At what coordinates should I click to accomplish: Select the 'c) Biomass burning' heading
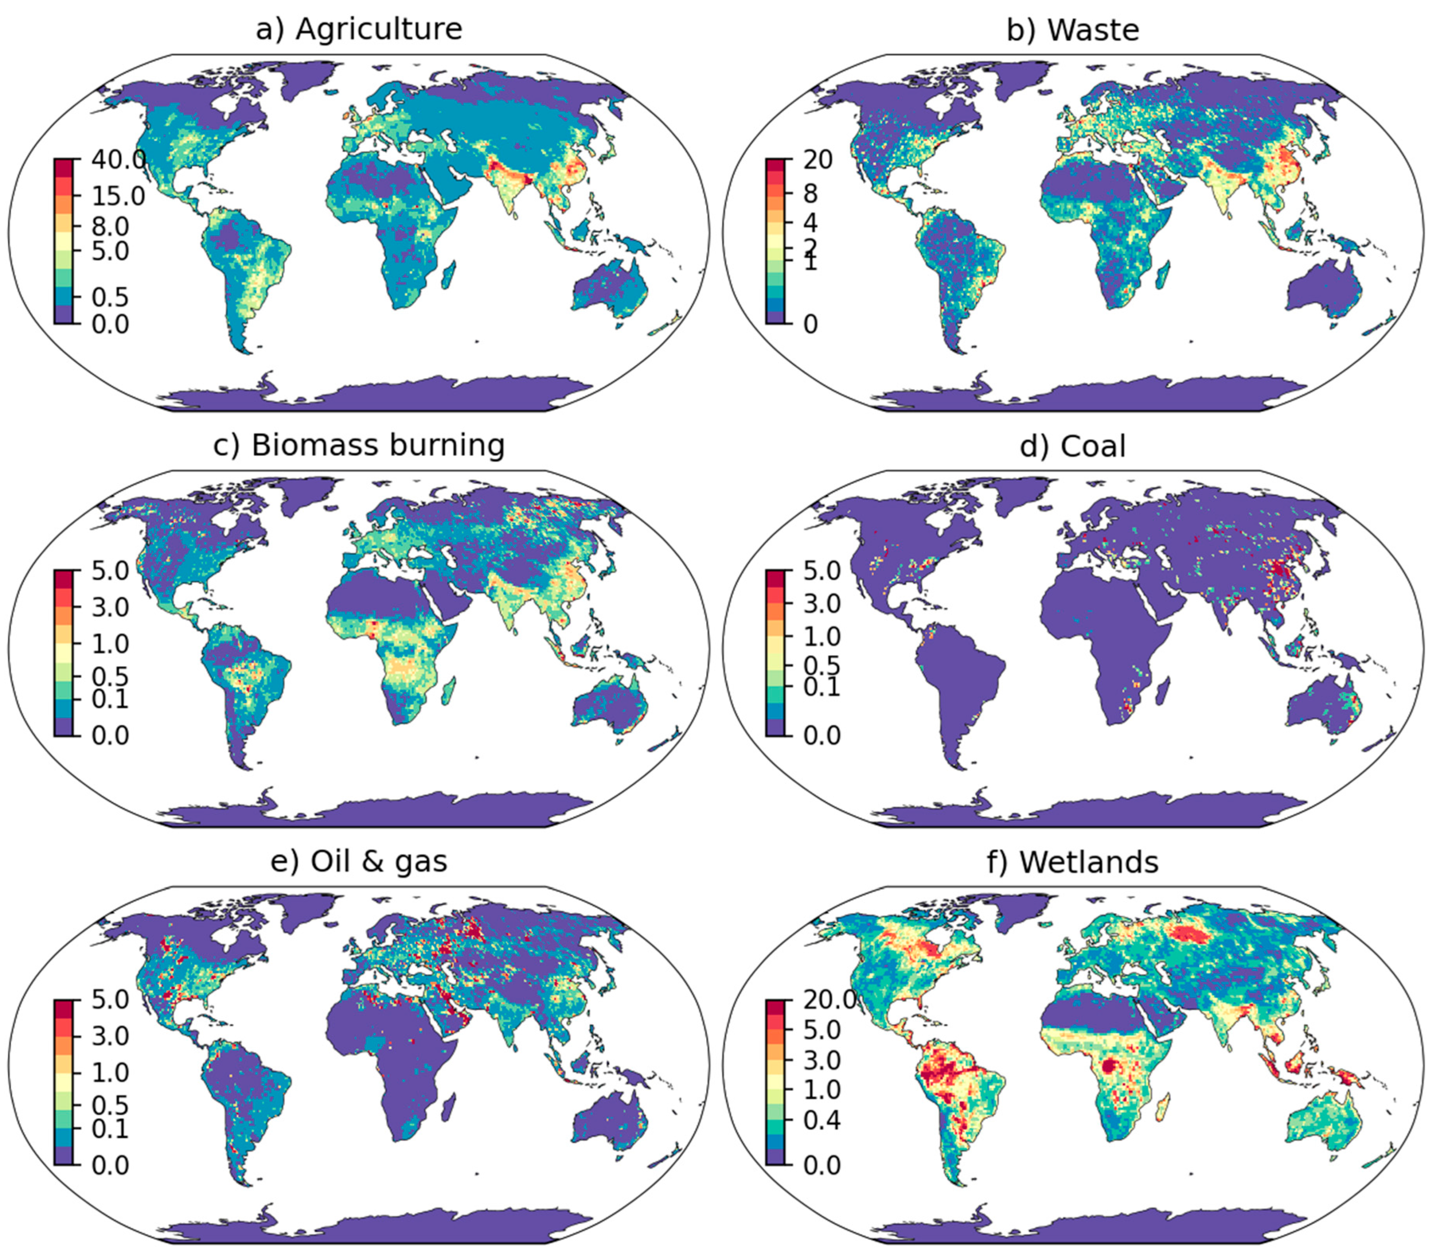pyautogui.click(x=359, y=445)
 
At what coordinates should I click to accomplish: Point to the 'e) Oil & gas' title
pyautogui.click(x=359, y=861)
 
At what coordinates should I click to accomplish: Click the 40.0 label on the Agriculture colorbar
pyautogui.click(x=118, y=160)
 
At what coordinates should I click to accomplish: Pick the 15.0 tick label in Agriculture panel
pyautogui.click(x=118, y=196)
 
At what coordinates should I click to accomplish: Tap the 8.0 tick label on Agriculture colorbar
pyautogui.click(x=110, y=226)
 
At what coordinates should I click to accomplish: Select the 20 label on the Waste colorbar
pyautogui.click(x=818, y=160)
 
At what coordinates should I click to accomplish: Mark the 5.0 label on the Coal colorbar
pyautogui.click(x=822, y=571)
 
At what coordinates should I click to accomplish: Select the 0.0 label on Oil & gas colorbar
pyautogui.click(x=110, y=1165)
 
